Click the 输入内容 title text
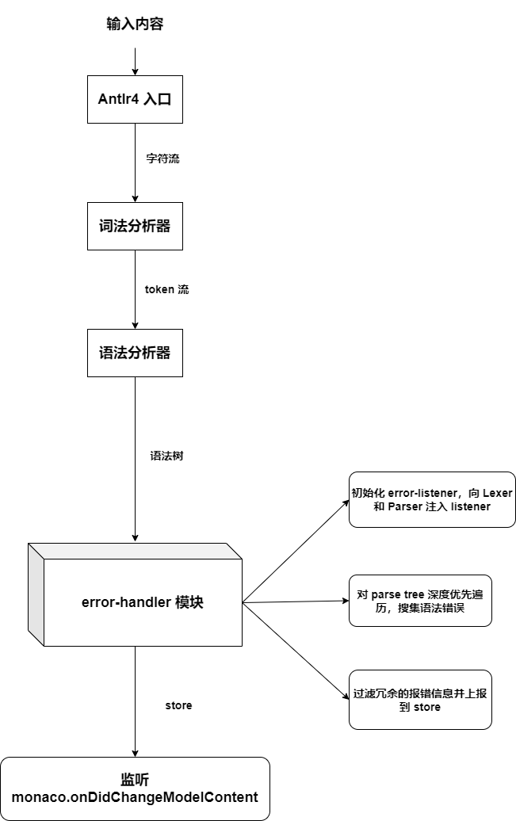tap(135, 25)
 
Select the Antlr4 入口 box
tap(135, 99)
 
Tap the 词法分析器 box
tap(135, 226)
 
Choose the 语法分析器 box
tap(135, 353)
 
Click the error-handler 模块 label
tap(143, 602)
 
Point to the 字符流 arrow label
tap(162, 158)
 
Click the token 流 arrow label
tap(166, 289)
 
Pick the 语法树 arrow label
tap(167, 456)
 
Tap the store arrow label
tap(178, 705)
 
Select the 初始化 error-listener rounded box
tap(432, 499)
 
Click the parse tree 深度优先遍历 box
tap(420, 601)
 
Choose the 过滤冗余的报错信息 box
tap(420, 700)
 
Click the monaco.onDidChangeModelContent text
tap(135, 796)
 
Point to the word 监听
tap(135, 779)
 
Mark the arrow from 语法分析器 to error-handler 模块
tap(135, 460)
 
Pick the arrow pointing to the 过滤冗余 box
tap(295, 650)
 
